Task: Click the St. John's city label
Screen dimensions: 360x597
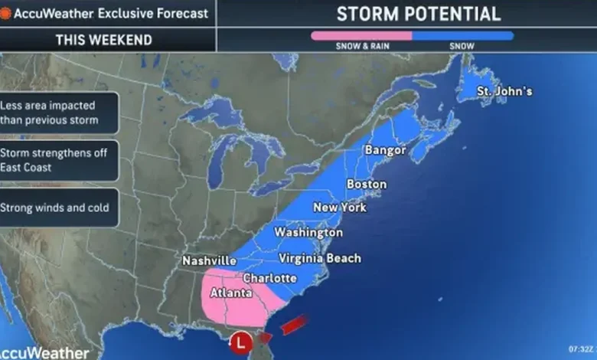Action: click(x=504, y=92)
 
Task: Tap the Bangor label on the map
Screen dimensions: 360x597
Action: click(x=385, y=150)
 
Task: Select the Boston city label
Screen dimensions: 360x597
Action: click(x=367, y=184)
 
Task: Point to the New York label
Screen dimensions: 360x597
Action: click(x=339, y=208)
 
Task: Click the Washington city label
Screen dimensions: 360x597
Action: click(x=308, y=232)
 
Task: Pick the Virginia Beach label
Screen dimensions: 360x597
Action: click(x=319, y=258)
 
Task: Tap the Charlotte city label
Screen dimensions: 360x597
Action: click(x=269, y=277)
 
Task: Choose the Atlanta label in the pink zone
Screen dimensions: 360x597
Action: click(x=230, y=293)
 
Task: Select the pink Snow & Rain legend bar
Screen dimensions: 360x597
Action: click(x=360, y=34)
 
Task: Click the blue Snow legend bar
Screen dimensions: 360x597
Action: click(x=462, y=34)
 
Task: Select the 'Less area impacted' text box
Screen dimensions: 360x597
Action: click(x=59, y=113)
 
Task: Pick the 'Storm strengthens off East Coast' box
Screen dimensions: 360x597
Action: click(x=59, y=160)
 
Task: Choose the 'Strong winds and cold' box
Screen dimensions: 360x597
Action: click(x=59, y=207)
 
